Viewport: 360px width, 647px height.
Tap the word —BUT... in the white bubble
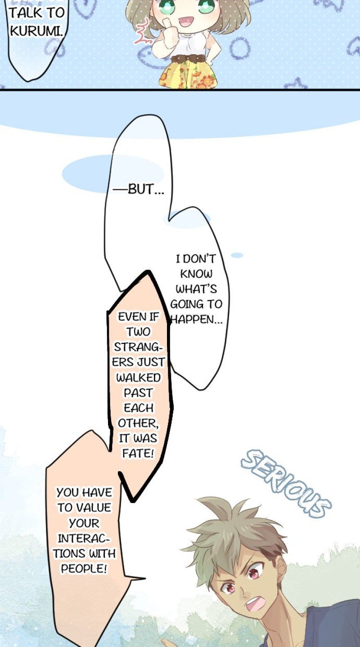click(138, 189)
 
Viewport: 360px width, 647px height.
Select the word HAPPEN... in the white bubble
click(196, 320)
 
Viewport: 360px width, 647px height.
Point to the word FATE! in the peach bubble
click(138, 453)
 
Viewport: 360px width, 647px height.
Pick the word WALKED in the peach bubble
click(138, 377)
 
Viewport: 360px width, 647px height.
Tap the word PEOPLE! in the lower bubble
click(84, 569)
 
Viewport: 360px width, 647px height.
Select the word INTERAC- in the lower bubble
click(84, 538)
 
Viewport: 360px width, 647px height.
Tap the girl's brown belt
click(188, 59)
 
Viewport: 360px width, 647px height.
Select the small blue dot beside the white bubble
click(237, 255)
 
